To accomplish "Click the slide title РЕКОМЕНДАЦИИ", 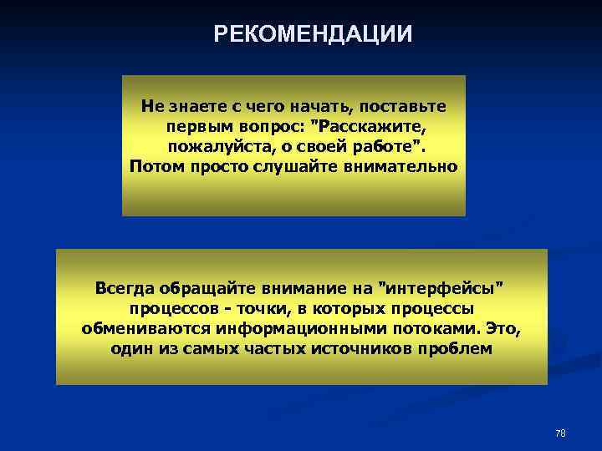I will coord(313,33).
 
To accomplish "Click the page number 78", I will coord(560,433).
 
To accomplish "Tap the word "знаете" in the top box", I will coord(194,107).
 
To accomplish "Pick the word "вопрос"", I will coord(270,127).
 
